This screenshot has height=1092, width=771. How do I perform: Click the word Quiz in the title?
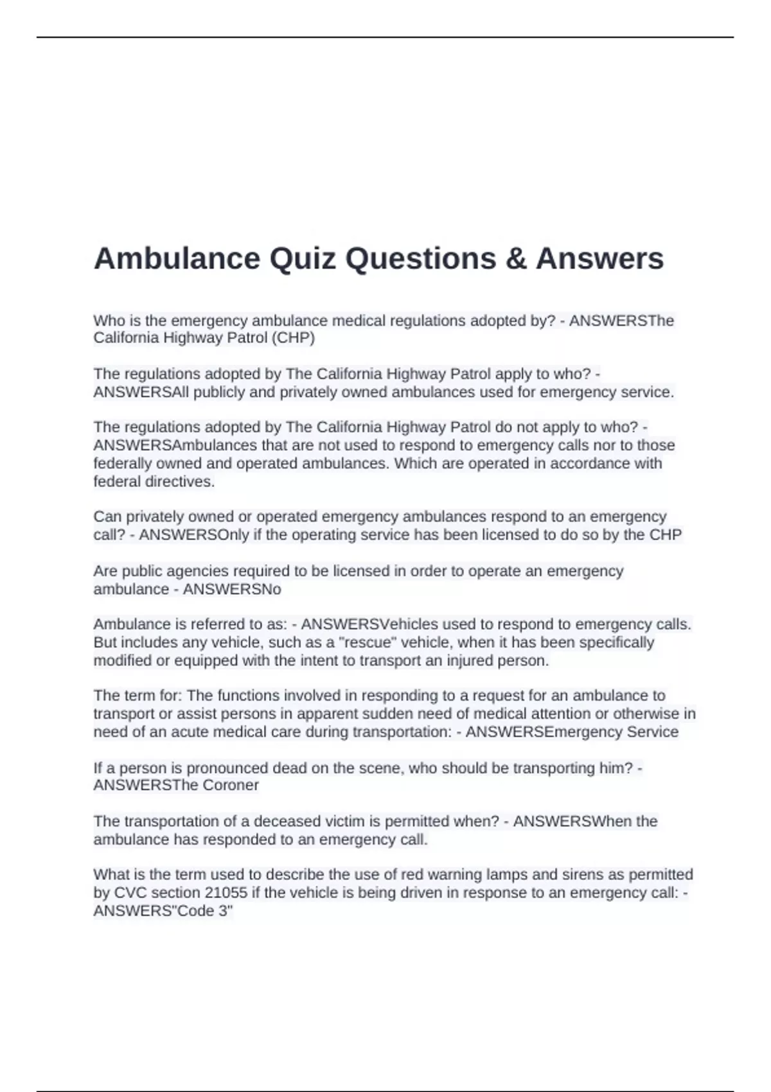pos(303,259)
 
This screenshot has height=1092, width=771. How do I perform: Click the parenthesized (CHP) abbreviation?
pos(293,338)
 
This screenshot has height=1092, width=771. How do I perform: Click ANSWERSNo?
pos(232,589)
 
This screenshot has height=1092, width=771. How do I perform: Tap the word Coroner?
pos(231,785)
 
